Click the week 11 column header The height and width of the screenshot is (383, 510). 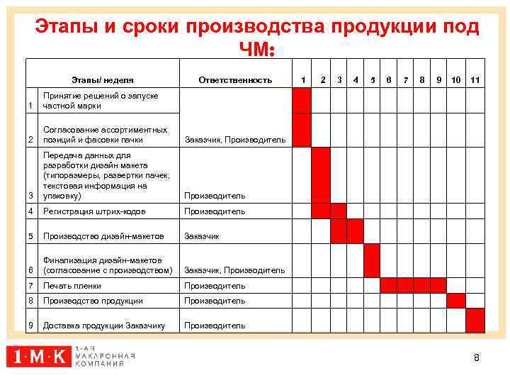click(475, 80)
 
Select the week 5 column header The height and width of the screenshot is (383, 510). click(372, 80)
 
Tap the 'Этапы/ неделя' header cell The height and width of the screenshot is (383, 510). click(103, 80)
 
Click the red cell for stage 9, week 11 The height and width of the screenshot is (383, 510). click(475, 321)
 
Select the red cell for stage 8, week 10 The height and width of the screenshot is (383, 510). click(457, 300)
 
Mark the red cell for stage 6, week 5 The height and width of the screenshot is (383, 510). click(372, 260)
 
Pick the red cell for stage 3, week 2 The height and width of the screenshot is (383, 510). click(321, 174)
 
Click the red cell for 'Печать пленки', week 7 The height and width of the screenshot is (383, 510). click(405, 285)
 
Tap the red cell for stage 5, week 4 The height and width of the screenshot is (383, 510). click(355, 231)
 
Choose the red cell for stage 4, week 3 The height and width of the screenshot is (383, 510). click(338, 211)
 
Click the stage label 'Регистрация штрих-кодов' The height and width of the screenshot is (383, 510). click(93, 211)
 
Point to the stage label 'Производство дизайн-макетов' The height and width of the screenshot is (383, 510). click(103, 236)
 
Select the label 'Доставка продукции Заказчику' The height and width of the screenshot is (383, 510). click(104, 326)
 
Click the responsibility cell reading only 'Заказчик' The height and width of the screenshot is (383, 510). click(203, 236)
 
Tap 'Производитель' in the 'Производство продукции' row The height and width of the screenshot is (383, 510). click(215, 301)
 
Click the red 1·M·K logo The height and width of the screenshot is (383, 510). click(39, 357)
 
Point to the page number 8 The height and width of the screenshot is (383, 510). click(477, 357)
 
